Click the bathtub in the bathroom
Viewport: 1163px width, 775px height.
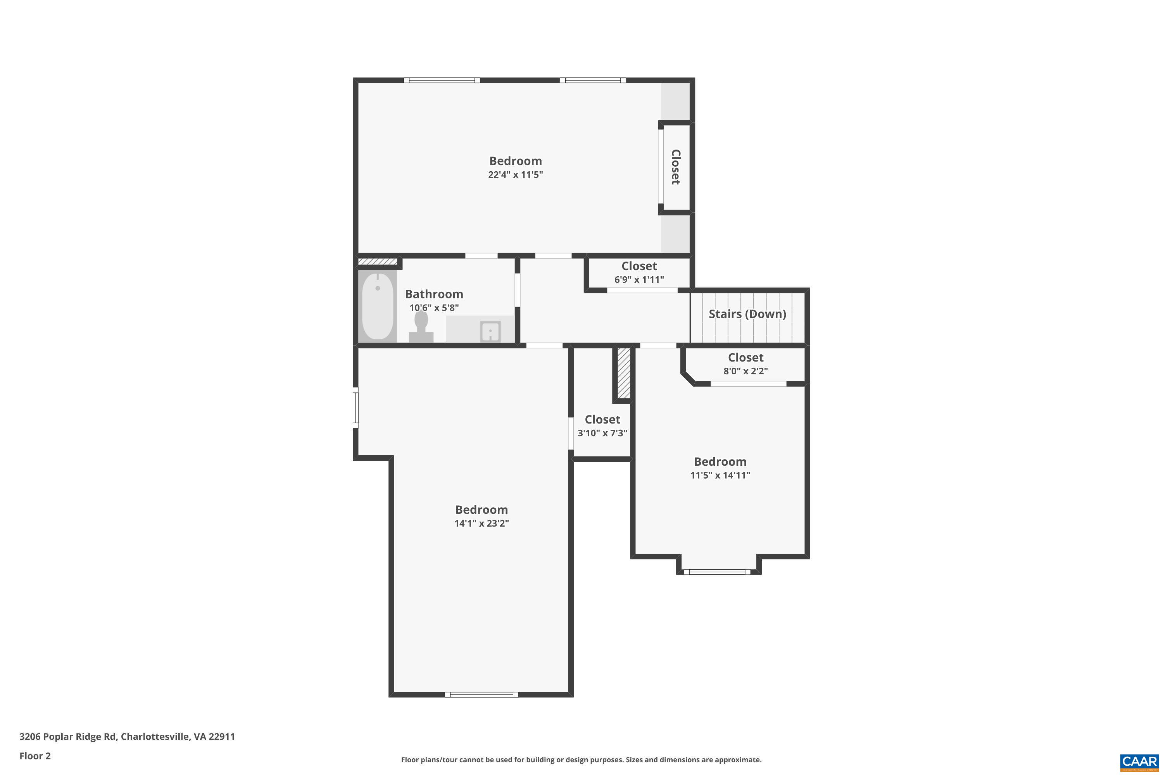coord(378,307)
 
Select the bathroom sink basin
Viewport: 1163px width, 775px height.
coord(490,331)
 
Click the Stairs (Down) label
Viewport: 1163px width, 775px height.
coord(747,314)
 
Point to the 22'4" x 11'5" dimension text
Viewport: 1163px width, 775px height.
coord(515,174)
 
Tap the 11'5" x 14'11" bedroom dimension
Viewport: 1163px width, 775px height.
coord(720,475)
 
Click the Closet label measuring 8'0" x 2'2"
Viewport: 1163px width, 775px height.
coord(745,357)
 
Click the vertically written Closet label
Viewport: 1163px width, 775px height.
coord(675,167)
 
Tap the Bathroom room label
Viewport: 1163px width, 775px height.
coord(434,294)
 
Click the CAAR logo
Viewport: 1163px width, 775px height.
coord(1139,761)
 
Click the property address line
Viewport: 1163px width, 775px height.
coord(127,737)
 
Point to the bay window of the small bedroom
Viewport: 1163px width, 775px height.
coord(720,572)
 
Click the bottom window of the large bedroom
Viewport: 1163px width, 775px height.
coord(481,694)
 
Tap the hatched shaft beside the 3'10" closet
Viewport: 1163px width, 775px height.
coord(623,373)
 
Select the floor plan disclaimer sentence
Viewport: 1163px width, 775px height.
coord(581,759)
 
